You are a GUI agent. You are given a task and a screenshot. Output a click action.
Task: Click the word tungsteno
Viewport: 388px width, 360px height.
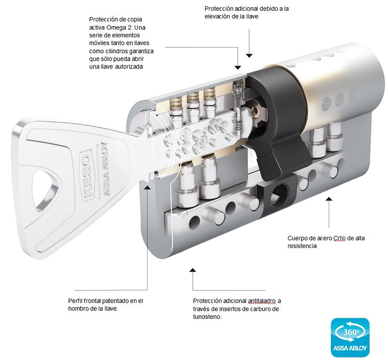click(x=207, y=317)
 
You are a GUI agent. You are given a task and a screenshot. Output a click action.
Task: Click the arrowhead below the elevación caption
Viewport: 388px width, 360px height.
click(x=249, y=55)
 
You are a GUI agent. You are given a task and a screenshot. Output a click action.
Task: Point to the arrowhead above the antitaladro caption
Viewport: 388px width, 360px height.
click(x=193, y=270)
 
